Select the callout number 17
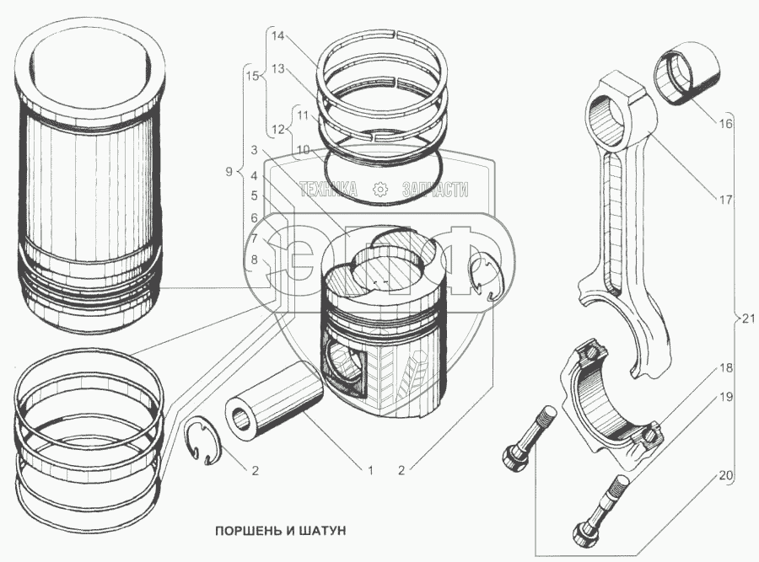pos(726,201)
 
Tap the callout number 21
pos(748,318)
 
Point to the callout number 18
pos(726,368)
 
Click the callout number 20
pos(726,475)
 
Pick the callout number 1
pos(369,469)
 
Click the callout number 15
pos(251,77)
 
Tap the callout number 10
pos(302,149)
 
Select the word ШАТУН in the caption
pos(320,532)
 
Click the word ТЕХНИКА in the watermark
pos(329,190)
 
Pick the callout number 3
pos(254,152)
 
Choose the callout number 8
pos(254,260)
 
